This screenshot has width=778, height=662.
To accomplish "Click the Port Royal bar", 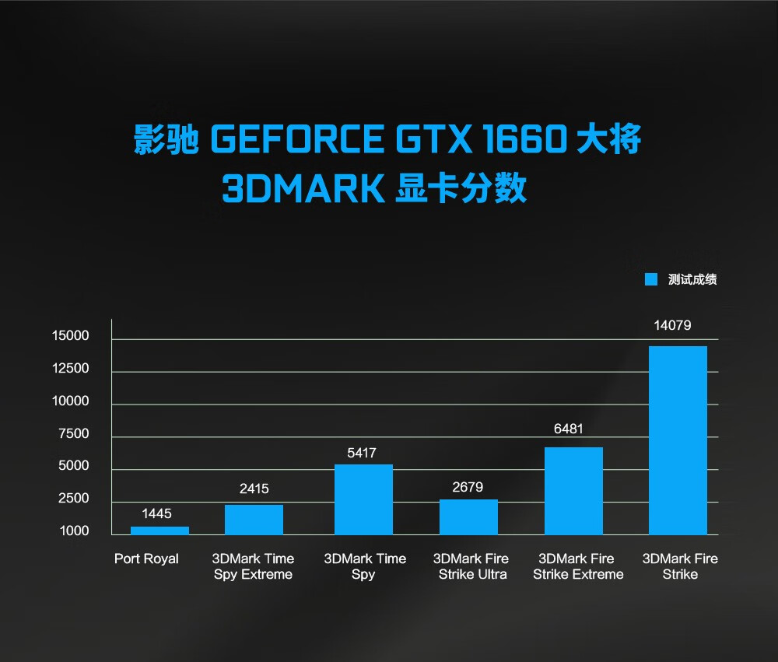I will tap(159, 531).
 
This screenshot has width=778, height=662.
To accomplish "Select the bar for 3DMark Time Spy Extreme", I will tap(254, 520).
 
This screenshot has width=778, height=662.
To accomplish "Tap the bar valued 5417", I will tap(363, 499).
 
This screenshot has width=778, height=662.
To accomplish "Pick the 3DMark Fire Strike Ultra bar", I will tap(468, 517).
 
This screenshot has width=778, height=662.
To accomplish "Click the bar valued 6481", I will tap(573, 491).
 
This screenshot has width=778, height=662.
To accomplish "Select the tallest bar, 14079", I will tap(678, 440).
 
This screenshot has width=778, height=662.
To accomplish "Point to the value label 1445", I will tap(156, 514).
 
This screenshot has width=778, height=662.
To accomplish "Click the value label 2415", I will tap(254, 489).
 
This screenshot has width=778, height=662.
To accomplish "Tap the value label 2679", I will tap(468, 488).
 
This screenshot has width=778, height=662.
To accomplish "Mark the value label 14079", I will tap(672, 326).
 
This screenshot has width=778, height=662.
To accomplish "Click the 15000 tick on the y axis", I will tap(71, 336).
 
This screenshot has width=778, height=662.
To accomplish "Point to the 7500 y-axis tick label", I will tap(74, 434).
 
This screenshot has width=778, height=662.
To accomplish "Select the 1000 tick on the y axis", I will tap(74, 531).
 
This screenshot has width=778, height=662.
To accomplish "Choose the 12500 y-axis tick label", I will tap(71, 369).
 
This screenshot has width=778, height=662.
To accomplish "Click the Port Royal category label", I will tap(146, 559).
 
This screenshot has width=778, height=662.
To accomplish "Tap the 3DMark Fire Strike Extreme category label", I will tap(578, 566).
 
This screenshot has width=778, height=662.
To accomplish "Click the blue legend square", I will tap(651, 280).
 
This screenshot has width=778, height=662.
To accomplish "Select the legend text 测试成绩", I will tap(692, 280).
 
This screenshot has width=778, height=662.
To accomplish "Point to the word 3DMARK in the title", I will tap(303, 189).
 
